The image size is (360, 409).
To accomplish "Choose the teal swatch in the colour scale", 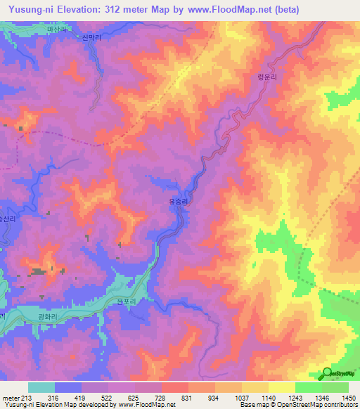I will [x=41, y=387].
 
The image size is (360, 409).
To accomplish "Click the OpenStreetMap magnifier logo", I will [x=327, y=374].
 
